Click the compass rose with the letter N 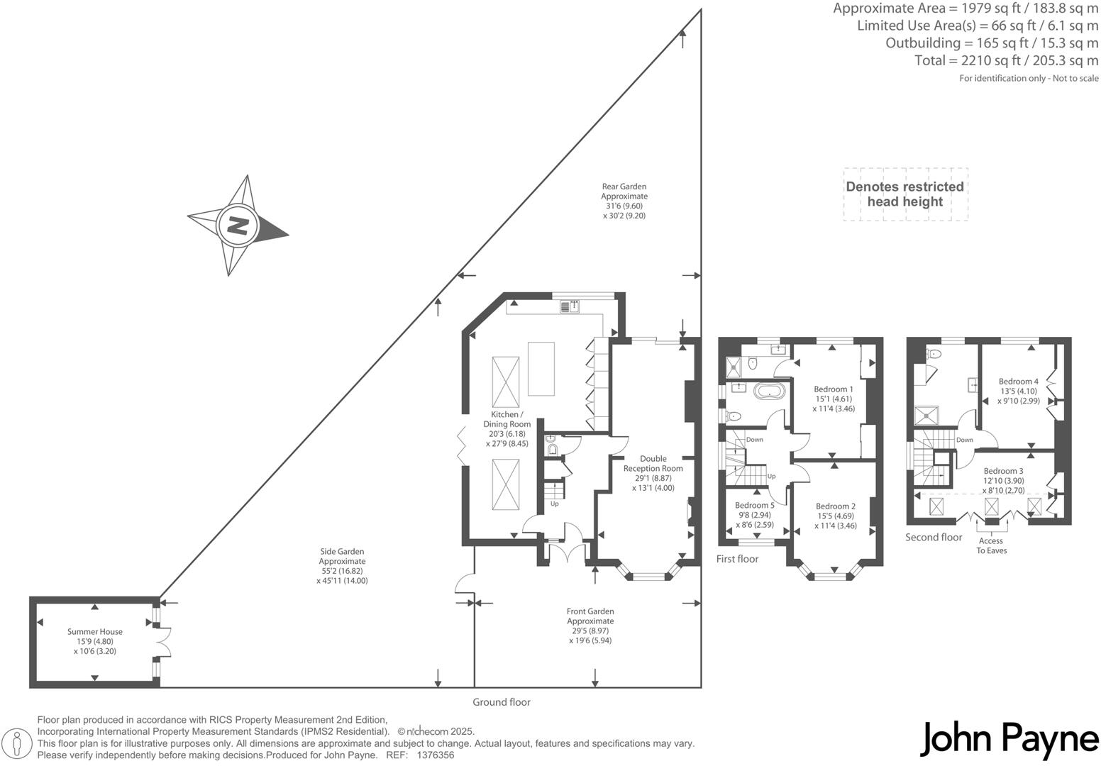[x=237, y=226]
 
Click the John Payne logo [x=1009, y=740]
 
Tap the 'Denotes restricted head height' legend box [x=904, y=194]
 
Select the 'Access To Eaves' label [x=991, y=545]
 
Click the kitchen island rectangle [x=541, y=368]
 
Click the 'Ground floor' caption [x=502, y=702]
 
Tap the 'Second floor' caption [x=934, y=538]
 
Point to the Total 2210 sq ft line [x=1006, y=61]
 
